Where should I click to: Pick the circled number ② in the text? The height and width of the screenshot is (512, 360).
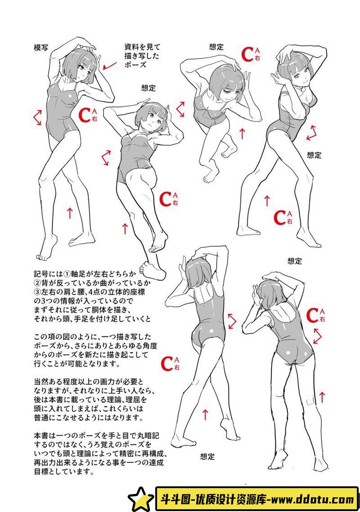coord(37,283)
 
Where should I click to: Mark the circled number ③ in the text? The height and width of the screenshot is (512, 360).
coord(37,292)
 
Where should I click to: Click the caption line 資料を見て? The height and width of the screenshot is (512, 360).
coord(142,47)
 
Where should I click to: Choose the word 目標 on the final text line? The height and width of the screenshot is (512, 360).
coord(41,472)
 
